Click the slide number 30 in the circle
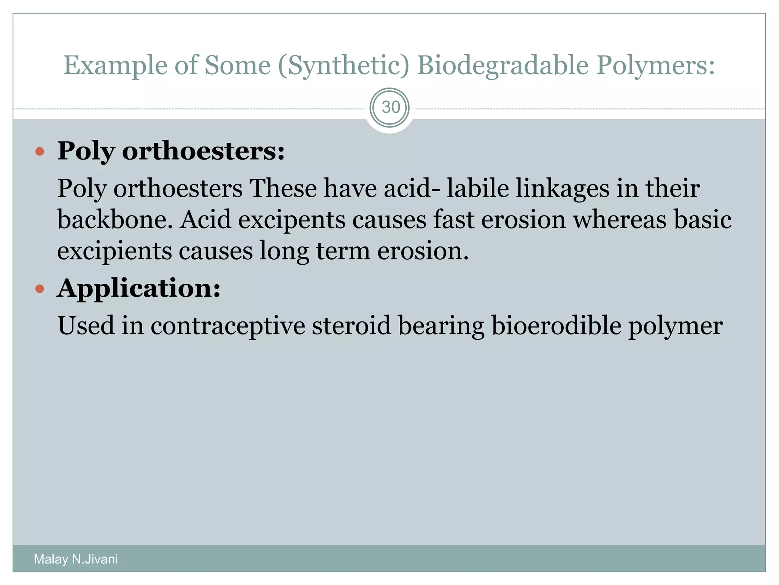pyautogui.click(x=390, y=107)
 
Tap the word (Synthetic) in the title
pyautogui.click(x=344, y=66)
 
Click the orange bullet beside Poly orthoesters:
pyautogui.click(x=40, y=152)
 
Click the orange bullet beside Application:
pyautogui.click(x=40, y=289)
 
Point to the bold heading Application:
pyautogui.click(x=139, y=288)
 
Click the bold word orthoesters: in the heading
pyautogui.click(x=203, y=151)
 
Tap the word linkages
pyautogui.click(x=563, y=189)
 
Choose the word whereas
pyautogui.click(x=620, y=220)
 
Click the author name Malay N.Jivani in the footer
pyautogui.click(x=76, y=559)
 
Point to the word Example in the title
pyautogui.click(x=115, y=66)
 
